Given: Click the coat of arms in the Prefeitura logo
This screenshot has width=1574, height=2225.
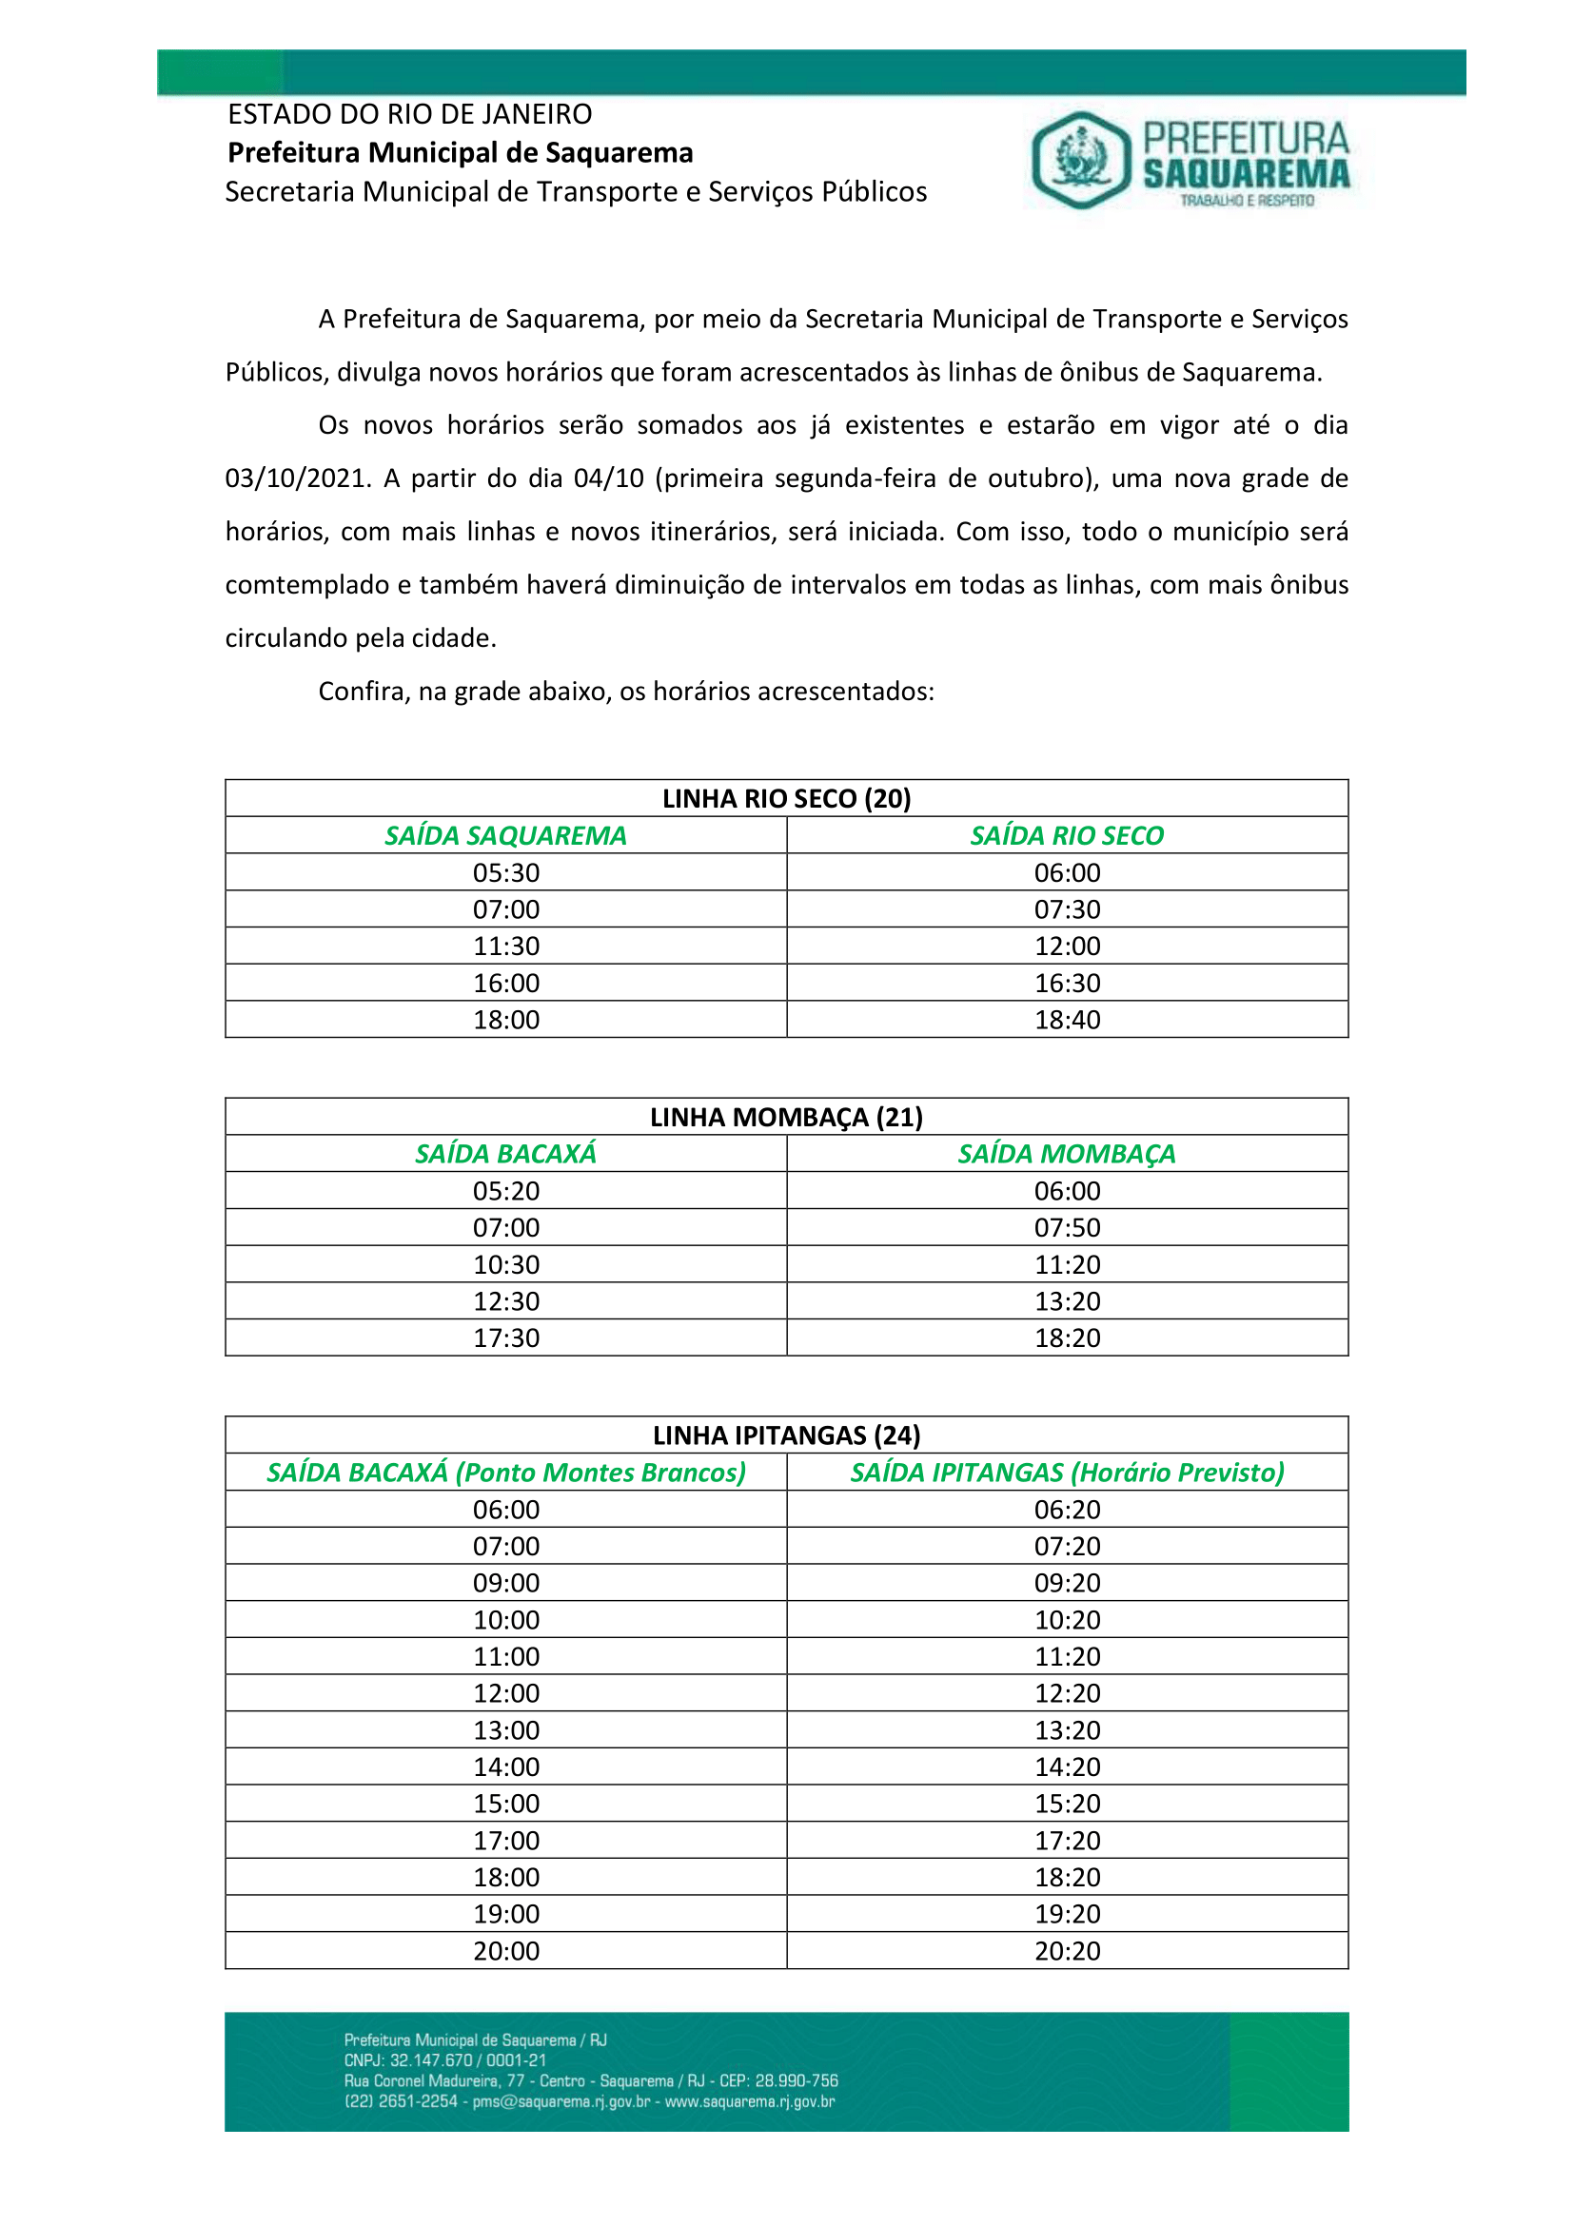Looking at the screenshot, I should pos(1081,160).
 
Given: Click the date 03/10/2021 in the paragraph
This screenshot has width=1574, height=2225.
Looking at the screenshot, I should pos(294,478).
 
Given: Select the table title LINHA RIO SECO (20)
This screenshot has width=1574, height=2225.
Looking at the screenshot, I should pos(786,798).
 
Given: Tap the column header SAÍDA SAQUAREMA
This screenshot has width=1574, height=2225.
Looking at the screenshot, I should pos(505,835).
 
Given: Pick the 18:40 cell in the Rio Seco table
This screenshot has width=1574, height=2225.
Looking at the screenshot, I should pos(1067,1020).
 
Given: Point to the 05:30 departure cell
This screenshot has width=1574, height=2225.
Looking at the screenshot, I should pos(506,872).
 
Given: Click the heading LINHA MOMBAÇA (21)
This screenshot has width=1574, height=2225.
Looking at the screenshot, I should pos(786,1118).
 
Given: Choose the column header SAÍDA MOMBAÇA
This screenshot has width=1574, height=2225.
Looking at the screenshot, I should pos(1066,1154).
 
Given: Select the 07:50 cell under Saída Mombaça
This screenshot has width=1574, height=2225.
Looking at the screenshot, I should pos(1067,1228).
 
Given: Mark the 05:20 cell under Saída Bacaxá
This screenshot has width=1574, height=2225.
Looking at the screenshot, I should pos(506,1191).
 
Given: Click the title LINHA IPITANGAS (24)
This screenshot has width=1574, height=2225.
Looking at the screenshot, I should pos(786,1435).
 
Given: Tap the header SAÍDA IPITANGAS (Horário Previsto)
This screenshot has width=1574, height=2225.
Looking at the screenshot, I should pos(1067,1473).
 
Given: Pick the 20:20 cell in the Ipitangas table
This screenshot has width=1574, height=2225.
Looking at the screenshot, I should pos(1067,1951).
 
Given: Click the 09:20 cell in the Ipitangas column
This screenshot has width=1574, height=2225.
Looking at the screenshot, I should pos(1067,1583).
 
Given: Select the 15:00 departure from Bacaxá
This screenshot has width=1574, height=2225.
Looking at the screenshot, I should pos(506,1804).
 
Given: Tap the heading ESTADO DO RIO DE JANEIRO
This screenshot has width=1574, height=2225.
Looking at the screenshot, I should pos(409,114).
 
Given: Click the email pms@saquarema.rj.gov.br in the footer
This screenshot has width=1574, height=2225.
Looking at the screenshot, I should pos(561,2101).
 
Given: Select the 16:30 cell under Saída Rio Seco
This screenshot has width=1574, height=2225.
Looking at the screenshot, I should pos(1067,983).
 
